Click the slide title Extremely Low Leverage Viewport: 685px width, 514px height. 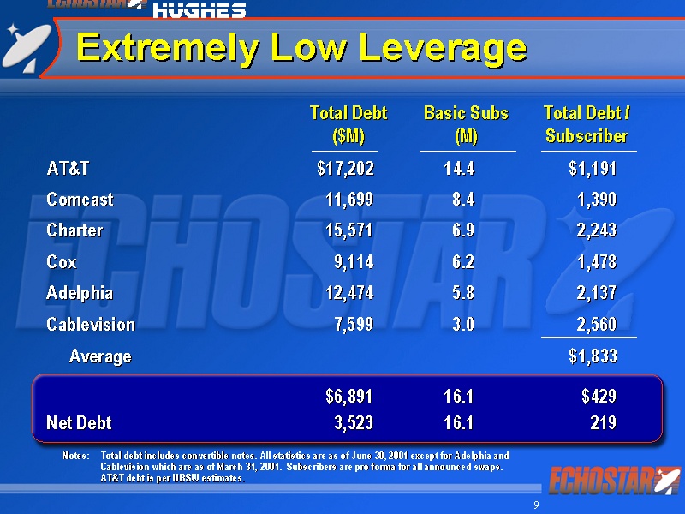pos(301,47)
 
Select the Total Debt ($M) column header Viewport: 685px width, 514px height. pos(348,124)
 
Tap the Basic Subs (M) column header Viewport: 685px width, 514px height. pos(466,124)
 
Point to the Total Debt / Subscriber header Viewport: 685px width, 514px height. pos(587,124)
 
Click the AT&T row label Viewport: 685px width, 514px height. pos(68,169)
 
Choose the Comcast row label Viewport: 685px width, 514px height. pos(80,200)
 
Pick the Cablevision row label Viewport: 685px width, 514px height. pos(91,325)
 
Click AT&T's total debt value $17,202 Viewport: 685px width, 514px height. pos(345,169)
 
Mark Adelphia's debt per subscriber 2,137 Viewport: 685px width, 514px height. pos(597,293)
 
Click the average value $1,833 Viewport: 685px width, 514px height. pos(593,356)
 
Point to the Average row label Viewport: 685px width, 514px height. pos(100,356)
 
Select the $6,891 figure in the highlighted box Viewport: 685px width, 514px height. pos(348,397)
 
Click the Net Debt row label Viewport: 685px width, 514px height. pos(79,423)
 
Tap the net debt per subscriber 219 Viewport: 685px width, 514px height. pos(603,423)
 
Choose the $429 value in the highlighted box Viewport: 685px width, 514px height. pos(599,397)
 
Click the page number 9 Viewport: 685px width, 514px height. pos(536,505)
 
